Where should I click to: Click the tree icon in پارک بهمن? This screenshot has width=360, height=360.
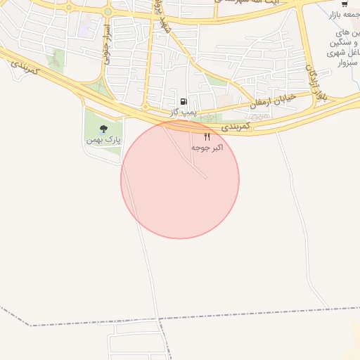104,129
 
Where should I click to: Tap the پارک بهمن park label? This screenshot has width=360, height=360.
104,140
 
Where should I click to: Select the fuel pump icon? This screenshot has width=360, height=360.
184,102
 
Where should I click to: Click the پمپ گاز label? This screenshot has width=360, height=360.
184,112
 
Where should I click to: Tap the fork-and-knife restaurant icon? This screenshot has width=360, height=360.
207,136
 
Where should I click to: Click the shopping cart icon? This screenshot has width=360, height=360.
344,4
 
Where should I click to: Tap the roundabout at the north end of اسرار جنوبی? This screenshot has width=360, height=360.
108,12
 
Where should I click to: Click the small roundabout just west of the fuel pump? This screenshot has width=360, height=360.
145,107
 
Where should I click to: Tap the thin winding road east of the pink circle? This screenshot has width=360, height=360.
299,211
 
